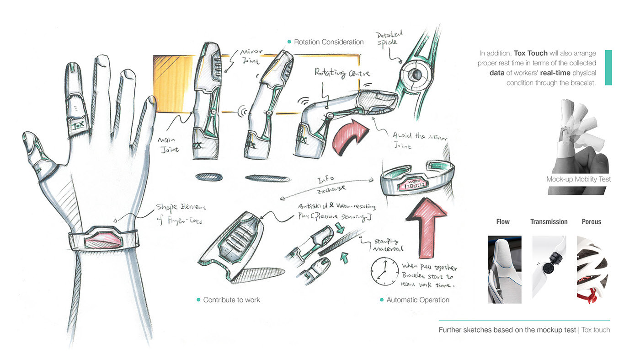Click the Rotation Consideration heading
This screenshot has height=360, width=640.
[328, 42]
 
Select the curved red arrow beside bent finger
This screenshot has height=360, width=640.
[350, 137]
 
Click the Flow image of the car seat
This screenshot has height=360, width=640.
[505, 269]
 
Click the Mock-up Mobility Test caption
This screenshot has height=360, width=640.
[578, 179]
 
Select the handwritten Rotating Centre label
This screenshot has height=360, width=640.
[341, 73]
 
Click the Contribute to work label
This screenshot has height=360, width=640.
[231, 300]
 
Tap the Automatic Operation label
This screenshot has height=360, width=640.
[417, 300]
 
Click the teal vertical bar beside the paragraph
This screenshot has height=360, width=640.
[608, 68]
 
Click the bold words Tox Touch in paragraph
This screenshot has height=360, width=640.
[530, 54]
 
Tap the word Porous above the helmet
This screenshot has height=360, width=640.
[591, 222]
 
